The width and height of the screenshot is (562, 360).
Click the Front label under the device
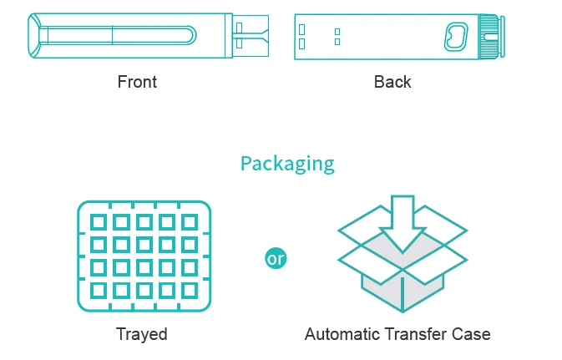tap(137, 82)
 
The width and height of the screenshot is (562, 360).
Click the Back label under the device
tap(392, 82)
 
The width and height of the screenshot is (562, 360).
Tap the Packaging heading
tap(287, 163)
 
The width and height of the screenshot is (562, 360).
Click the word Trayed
tap(141, 334)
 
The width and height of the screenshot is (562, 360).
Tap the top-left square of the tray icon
tap(99, 223)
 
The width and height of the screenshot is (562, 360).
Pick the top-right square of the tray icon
tap(189, 223)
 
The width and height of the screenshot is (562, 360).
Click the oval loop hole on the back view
tap(456, 36)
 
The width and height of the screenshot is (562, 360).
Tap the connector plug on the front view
tap(250, 35)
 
